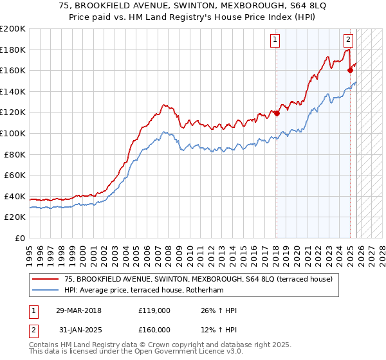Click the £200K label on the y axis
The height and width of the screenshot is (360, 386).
click(x=13, y=29)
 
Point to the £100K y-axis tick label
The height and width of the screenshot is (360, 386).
click(x=13, y=133)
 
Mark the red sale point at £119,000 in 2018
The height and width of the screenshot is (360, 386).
click(x=277, y=114)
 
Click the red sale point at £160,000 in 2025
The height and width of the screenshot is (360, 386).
click(x=351, y=71)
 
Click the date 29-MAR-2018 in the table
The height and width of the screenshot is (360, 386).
click(x=79, y=310)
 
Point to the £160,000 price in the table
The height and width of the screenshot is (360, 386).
click(x=154, y=330)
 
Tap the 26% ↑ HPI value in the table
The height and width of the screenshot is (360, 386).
click(x=219, y=310)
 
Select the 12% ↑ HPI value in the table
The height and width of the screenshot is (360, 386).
click(x=219, y=330)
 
